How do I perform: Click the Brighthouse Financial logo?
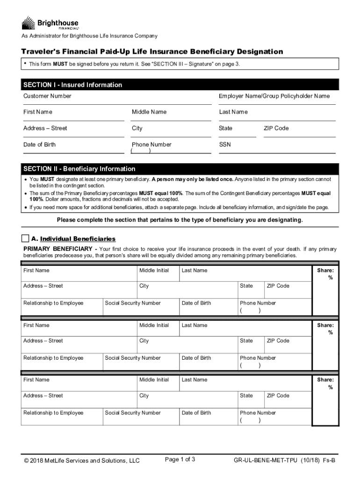point(50,23)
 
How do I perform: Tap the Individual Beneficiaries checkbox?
point(25,239)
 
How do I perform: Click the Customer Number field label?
point(47,96)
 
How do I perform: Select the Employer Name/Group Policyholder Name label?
point(274,96)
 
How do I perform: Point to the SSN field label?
point(225,145)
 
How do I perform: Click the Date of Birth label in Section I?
point(39,145)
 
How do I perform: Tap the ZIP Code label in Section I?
point(276,128)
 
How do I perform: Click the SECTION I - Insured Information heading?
point(72,85)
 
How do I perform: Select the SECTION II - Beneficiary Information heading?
point(79,169)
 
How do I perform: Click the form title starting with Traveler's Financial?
point(151,51)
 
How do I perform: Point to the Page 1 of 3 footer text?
point(180,459)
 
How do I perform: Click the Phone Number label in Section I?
point(151,145)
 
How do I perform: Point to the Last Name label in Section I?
point(233,112)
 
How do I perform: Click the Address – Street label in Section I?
point(45,128)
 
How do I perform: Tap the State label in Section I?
point(225,128)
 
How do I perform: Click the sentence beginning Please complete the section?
point(180,220)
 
